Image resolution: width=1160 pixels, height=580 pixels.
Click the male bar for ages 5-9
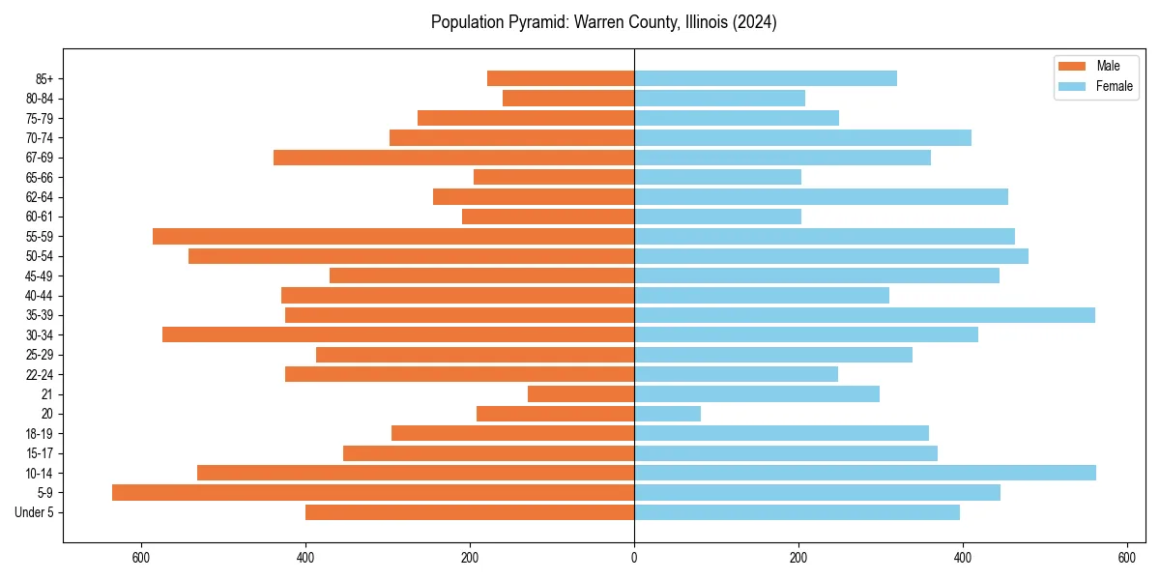[373, 493]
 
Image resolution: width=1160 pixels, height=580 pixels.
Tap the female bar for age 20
[668, 414]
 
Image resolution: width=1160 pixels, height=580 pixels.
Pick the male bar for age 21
[581, 394]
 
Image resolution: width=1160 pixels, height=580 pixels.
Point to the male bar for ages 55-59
[393, 237]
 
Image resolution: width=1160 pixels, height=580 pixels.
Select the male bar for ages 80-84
[568, 99]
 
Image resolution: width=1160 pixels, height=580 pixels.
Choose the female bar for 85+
[766, 78]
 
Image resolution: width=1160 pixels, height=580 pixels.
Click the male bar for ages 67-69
[454, 158]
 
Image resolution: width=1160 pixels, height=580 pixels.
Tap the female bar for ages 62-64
[821, 197]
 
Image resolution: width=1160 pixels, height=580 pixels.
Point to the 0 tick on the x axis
[634, 558]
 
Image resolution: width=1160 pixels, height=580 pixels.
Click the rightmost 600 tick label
[1126, 558]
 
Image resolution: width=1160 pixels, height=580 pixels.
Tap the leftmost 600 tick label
[142, 558]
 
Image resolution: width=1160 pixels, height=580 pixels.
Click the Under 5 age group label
[35, 512]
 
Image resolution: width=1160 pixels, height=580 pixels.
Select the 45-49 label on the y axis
[40, 276]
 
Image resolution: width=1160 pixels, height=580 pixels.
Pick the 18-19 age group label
[40, 434]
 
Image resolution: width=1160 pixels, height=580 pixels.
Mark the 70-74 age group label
[40, 138]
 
